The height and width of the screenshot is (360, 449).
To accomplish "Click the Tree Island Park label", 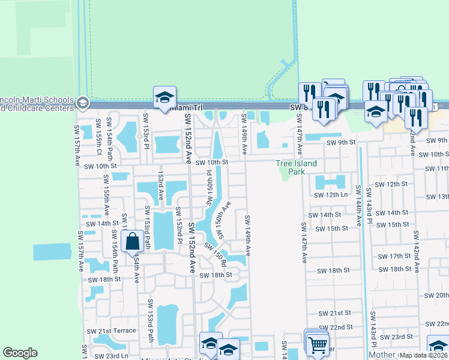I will pyautogui.click(x=296, y=167).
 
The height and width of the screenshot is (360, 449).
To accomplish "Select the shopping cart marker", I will pyautogui.click(x=318, y=345).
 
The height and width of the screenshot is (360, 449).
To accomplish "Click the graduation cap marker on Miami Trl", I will pyautogui.click(x=163, y=98).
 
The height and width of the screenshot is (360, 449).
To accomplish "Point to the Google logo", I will pyautogui.click(x=20, y=353).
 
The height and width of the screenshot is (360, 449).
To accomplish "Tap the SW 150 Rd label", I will pyautogui.click(x=215, y=254).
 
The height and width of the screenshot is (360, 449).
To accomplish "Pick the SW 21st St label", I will pyautogui.click(x=335, y=314).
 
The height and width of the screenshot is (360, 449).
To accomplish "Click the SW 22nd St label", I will pyautogui.click(x=336, y=327).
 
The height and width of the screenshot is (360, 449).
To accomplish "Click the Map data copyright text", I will pyautogui.click(x=424, y=355).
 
